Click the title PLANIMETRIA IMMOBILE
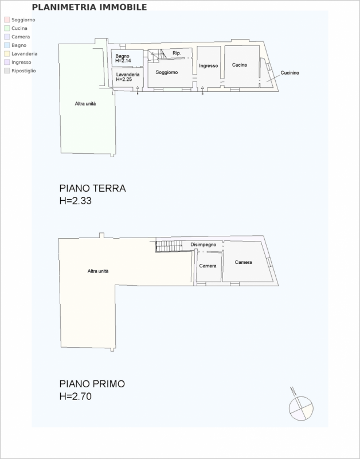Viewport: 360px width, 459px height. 89,7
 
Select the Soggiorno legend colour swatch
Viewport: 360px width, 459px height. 7,20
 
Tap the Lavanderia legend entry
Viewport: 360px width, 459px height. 21,54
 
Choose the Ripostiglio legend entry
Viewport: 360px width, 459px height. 20,71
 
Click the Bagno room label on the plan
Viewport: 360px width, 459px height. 122,56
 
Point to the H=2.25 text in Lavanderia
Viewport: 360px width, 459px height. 124,79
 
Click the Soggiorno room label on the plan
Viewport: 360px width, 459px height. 167,72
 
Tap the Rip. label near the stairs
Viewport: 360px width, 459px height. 177,53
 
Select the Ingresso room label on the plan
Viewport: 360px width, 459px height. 209,66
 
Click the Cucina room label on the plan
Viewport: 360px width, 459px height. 240,65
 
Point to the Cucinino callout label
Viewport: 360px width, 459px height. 290,73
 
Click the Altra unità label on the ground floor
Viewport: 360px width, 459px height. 85,104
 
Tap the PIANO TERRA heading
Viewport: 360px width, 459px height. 92,188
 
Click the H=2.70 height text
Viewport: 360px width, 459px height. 76,396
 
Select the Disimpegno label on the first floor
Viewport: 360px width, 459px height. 204,244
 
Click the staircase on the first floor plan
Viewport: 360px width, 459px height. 169,246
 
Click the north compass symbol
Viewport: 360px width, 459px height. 300,406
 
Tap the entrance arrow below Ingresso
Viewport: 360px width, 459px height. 202,91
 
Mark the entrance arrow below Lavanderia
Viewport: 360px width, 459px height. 138,91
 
